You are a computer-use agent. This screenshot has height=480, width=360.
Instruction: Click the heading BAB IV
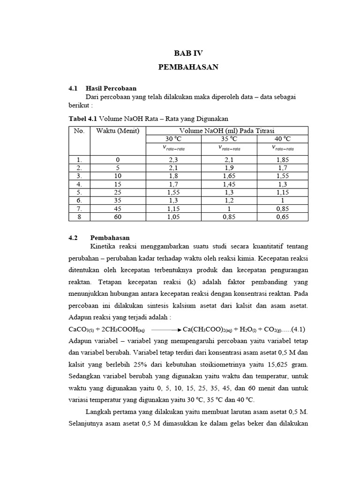coord(188,53)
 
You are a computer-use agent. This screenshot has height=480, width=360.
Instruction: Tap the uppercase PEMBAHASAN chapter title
coord(188,67)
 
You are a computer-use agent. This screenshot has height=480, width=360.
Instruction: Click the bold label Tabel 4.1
coord(83,119)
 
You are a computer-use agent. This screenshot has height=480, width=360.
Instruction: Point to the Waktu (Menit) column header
coord(118,131)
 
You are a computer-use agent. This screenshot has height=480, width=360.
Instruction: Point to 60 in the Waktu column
coord(118,216)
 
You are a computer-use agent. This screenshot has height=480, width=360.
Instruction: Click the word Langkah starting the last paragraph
coord(99,412)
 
